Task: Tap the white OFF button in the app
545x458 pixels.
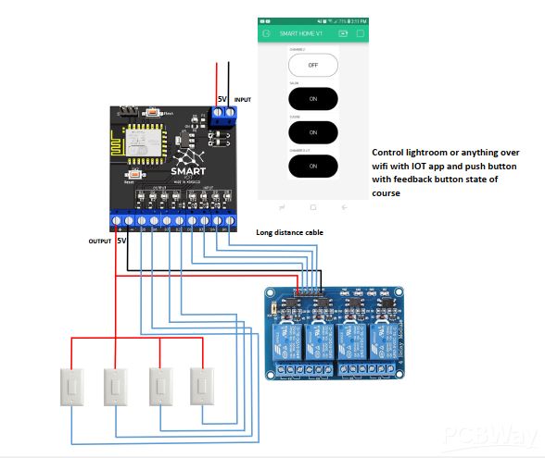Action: click(312, 66)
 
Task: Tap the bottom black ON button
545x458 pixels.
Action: click(312, 166)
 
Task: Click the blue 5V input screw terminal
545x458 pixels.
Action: click(223, 115)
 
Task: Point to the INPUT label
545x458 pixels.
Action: click(242, 99)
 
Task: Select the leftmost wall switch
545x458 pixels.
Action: click(71, 389)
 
